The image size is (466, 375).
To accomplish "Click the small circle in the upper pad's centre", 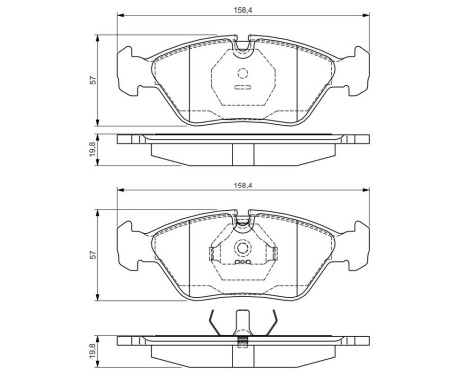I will click(242, 70).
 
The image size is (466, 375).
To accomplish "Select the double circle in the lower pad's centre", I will click(242, 250).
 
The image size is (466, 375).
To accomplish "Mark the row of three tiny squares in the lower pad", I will click(242, 266).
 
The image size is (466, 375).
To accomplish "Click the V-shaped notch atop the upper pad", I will click(242, 44).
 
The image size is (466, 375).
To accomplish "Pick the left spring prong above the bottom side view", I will click(213, 323).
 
